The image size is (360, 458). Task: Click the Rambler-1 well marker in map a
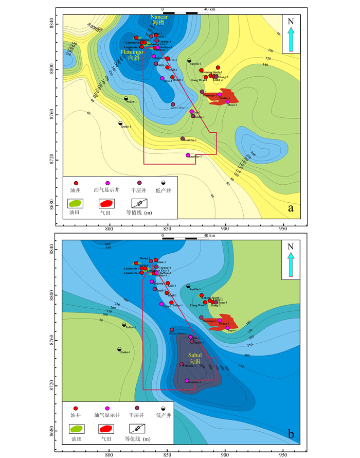pos(188,155)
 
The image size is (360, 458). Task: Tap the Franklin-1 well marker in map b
pos(182,364)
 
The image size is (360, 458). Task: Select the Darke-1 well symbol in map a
pos(120,124)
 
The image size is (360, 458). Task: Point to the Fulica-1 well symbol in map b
pos(124,325)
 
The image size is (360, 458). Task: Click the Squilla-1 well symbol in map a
pos(189,60)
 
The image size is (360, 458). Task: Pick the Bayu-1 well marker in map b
pos(227,328)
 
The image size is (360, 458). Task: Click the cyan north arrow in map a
pos(291,40)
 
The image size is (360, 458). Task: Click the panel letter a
pos(292,208)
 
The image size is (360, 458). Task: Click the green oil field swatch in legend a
pos(76,204)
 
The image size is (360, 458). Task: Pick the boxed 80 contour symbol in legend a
pos(136,204)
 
